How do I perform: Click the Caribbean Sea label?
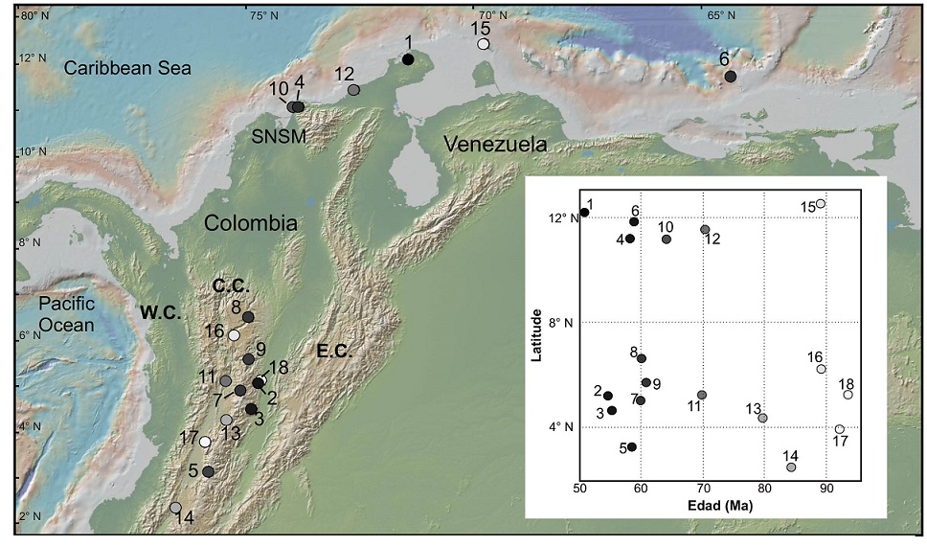(127, 68)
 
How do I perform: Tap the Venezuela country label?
(495, 146)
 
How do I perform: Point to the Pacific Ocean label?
(66, 313)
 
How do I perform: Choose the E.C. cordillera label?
(334, 352)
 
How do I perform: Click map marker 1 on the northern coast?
(408, 59)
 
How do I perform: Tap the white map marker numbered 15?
(484, 44)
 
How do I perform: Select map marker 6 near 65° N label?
(731, 77)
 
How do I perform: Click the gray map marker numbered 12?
(354, 90)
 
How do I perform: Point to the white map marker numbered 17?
(205, 442)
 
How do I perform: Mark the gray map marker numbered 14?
(175, 508)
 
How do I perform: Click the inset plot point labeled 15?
(821, 204)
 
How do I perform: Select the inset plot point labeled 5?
(632, 447)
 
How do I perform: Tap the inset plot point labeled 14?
(791, 467)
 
